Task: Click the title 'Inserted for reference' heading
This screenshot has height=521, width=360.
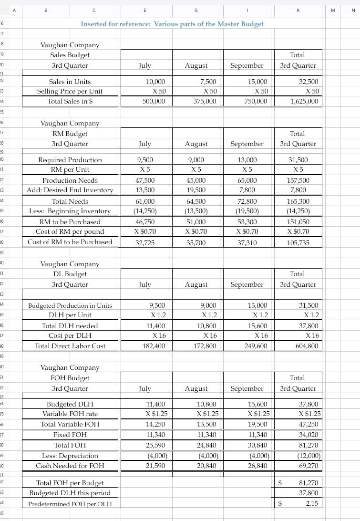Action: click(172, 24)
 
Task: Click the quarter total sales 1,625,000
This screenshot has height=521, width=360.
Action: click(302, 101)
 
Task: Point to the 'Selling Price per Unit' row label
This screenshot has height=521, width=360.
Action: click(70, 91)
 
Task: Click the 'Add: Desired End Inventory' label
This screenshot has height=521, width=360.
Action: click(70, 190)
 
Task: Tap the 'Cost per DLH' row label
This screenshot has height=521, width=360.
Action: click(70, 335)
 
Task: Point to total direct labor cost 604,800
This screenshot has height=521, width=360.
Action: click(305, 346)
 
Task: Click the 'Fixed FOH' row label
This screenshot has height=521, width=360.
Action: click(70, 435)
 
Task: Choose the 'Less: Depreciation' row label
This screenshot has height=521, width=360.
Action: click(70, 456)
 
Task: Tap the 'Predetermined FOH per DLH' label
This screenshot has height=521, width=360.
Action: click(70, 504)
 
